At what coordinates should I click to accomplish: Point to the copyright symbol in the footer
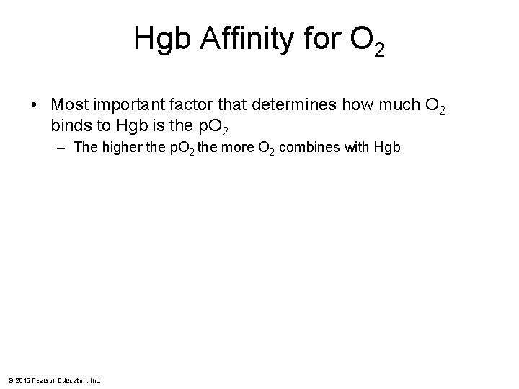click(x=10, y=380)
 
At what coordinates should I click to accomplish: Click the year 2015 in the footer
click(x=22, y=380)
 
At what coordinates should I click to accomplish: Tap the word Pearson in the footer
click(x=42, y=380)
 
